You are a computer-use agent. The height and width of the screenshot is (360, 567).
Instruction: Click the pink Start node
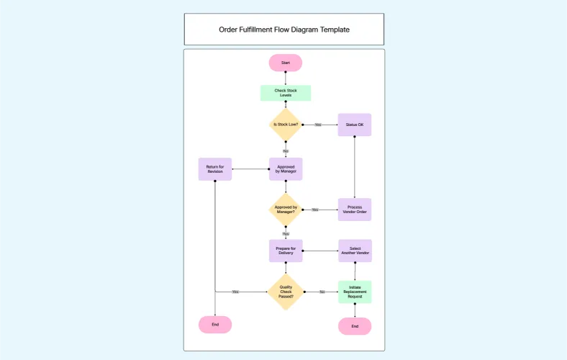pyautogui.click(x=286, y=63)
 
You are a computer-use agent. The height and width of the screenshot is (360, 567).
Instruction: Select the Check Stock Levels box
pyautogui.click(x=286, y=93)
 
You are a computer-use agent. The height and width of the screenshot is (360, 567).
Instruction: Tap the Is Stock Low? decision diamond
pyautogui.click(x=286, y=125)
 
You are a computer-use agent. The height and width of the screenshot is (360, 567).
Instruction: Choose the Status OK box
pyautogui.click(x=355, y=125)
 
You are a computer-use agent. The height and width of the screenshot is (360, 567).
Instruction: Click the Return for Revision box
pyautogui.click(x=215, y=169)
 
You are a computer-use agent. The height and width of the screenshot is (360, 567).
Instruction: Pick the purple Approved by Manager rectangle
pyautogui.click(x=286, y=169)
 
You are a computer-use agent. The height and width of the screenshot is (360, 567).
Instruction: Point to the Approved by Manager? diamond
pyautogui.click(x=286, y=210)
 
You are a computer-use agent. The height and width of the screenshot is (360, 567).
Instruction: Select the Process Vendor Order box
pyautogui.click(x=355, y=210)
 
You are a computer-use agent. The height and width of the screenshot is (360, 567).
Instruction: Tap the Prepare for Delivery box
pyautogui.click(x=286, y=251)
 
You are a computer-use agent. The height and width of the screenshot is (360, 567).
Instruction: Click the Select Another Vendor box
pyautogui.click(x=355, y=251)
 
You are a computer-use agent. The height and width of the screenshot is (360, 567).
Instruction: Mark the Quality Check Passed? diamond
pyautogui.click(x=286, y=292)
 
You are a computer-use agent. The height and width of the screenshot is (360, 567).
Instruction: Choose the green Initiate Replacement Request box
pyautogui.click(x=355, y=292)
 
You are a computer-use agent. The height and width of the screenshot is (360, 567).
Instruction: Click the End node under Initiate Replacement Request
pyautogui.click(x=355, y=326)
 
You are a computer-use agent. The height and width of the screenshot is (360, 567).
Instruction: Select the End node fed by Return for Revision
pyautogui.click(x=215, y=325)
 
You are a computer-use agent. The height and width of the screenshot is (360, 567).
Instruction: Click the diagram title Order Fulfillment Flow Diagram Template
pyautogui.click(x=284, y=30)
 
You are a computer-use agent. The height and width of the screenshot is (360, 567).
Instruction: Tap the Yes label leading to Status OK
pyautogui.click(x=317, y=125)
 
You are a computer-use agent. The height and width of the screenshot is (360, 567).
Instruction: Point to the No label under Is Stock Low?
pyautogui.click(x=286, y=151)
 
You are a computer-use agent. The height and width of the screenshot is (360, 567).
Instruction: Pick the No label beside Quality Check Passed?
pyautogui.click(x=322, y=292)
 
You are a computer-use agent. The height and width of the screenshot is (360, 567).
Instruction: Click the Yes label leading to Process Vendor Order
pyautogui.click(x=314, y=210)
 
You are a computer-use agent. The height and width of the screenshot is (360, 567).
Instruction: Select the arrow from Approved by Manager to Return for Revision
pyautogui.click(x=250, y=169)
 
